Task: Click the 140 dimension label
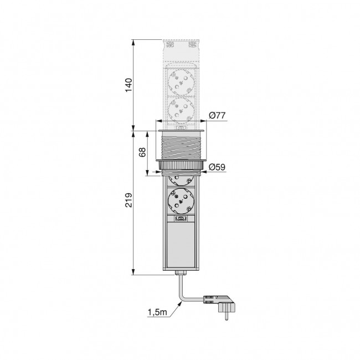pyautogui.click(x=129, y=85)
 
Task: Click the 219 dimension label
pyautogui.click(x=129, y=200)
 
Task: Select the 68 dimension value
pyautogui.click(x=142, y=152)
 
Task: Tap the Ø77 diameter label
pyautogui.click(x=217, y=115)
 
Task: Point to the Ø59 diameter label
pyautogui.click(x=217, y=167)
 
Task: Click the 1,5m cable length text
pyautogui.click(x=157, y=312)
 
